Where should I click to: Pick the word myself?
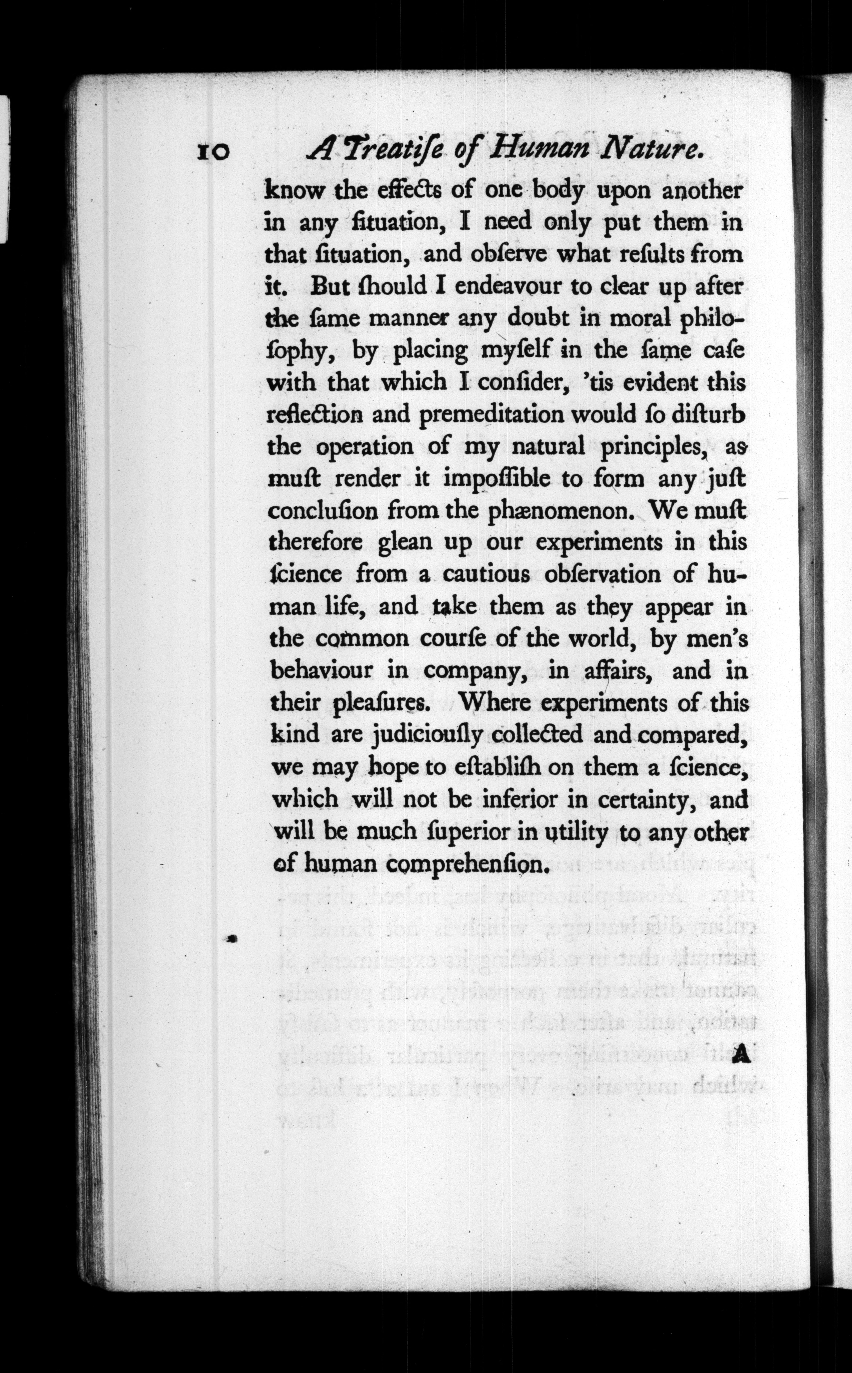point(514,351)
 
